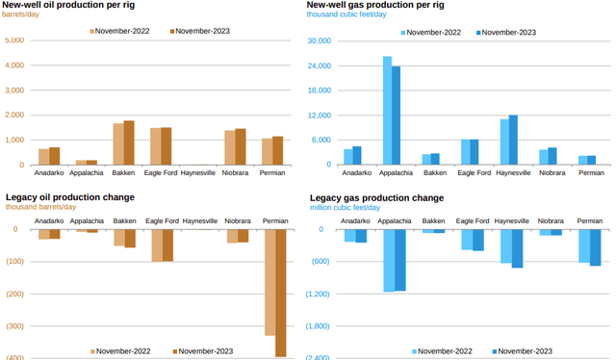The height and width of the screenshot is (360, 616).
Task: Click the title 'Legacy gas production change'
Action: (x=376, y=197)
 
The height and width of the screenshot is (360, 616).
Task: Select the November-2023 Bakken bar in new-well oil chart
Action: (x=129, y=142)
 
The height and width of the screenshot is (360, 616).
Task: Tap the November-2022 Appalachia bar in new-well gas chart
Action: (x=387, y=110)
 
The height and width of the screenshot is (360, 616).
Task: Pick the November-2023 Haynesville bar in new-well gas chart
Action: (x=513, y=140)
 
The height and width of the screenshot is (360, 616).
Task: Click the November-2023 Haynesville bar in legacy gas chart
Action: (x=517, y=248)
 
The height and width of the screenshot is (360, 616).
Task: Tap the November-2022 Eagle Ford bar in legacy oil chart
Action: (x=157, y=245)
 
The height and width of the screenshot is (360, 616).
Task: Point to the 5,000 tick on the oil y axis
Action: (x=14, y=40)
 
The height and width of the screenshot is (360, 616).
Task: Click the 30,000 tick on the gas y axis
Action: (x=318, y=40)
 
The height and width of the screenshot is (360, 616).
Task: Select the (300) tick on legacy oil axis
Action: (x=13, y=325)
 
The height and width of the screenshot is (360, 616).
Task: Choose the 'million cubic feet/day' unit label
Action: (x=345, y=207)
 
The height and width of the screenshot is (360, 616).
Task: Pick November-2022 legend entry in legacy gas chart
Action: (x=444, y=350)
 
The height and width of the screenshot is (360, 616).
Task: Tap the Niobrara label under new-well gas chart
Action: (x=552, y=172)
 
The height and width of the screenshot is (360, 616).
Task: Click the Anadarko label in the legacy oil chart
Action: (x=49, y=220)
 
